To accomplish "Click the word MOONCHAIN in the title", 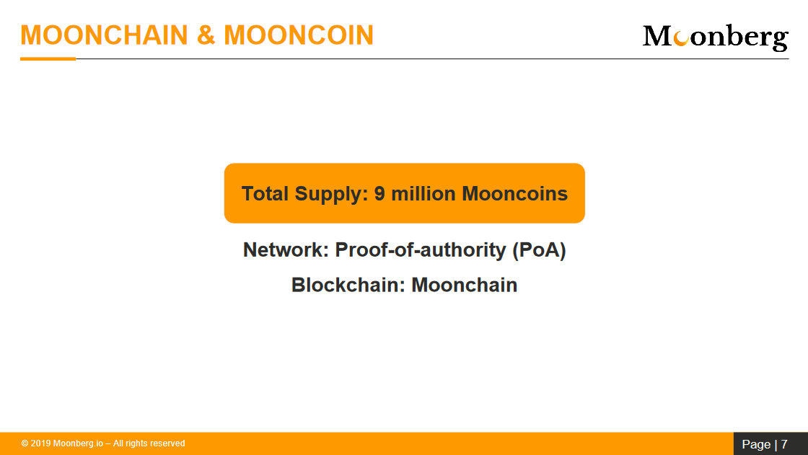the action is point(104,35).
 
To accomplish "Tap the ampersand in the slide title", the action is point(206,35).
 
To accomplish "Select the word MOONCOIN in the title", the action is point(299,35).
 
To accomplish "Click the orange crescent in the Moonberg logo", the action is point(681,38).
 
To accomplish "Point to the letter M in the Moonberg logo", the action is point(657,36).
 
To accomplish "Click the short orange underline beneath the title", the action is point(48,58).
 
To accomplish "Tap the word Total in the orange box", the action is point(265,194).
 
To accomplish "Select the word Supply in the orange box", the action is point(331,195).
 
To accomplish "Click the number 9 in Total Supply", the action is point(379,194).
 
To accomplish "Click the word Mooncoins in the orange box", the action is point(515,194).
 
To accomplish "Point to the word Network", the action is point(286,250).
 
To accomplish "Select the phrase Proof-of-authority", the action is point(421,251).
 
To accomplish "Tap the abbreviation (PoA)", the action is point(539,251).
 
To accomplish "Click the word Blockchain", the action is point(348,285).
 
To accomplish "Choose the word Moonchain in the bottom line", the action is point(465,285).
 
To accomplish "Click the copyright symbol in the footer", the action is point(25,443).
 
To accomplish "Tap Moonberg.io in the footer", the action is point(79,443).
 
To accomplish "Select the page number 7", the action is point(784,444).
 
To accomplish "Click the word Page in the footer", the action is point(757,445).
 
